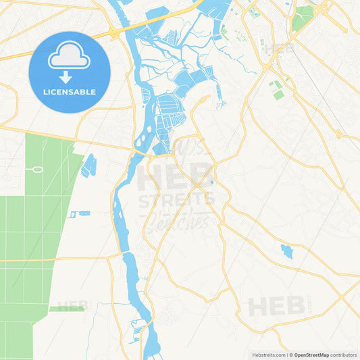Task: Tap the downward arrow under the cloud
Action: tap(70, 76)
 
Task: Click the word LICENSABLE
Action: tap(70, 92)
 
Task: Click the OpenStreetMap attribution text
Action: tap(311, 355)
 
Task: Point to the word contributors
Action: tap(344, 355)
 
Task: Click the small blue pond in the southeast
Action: tap(287, 252)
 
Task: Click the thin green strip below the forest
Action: tap(67, 309)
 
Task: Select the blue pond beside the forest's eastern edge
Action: tap(88, 165)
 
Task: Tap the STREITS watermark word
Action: tap(176, 200)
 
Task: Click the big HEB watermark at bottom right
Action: tap(276, 306)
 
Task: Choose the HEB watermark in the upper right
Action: tap(279, 49)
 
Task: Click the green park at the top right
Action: tap(303, 17)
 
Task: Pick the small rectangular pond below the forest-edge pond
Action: tap(79, 214)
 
